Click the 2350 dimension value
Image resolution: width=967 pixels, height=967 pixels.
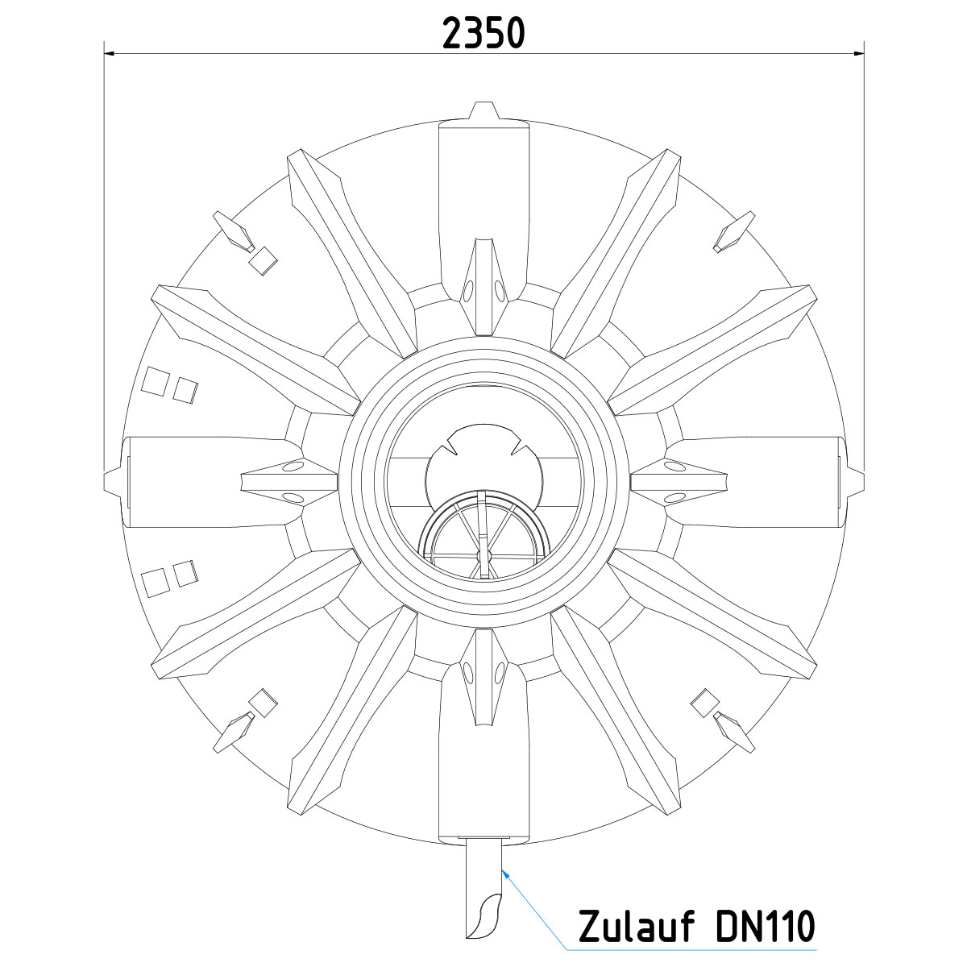483,33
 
